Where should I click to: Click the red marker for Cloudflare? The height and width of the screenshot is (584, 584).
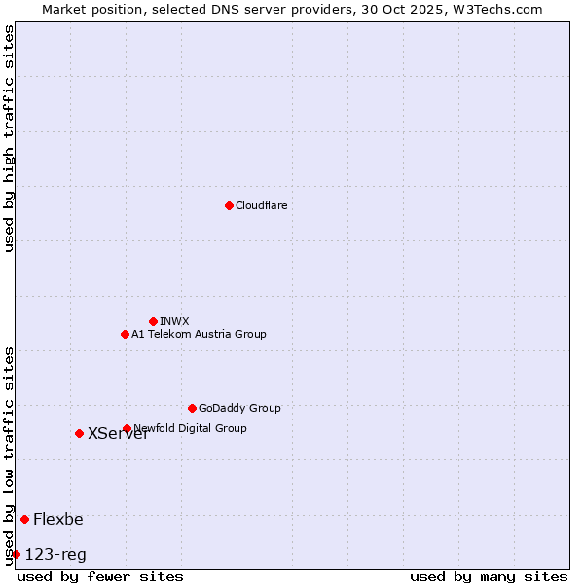pos(229,205)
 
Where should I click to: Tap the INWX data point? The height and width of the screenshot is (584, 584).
pos(153,321)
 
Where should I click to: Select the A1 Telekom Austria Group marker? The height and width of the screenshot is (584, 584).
pos(125,334)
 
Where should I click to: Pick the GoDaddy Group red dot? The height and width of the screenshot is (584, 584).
pos(192,408)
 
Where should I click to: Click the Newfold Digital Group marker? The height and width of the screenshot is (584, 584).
pos(127,428)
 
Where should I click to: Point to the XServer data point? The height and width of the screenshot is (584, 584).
pos(79,433)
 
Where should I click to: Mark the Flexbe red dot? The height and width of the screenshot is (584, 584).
pos(24,519)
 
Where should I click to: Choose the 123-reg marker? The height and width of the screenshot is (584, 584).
pos(16,554)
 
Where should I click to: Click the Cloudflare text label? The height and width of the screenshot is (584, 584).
pos(262,205)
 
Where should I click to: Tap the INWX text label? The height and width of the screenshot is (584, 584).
pos(174,321)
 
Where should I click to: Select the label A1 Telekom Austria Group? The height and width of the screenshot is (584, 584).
pos(199,334)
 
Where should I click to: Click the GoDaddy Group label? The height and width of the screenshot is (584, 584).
pos(239,408)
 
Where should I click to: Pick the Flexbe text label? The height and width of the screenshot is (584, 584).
pos(58,519)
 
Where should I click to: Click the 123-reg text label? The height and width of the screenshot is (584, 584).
pos(55,555)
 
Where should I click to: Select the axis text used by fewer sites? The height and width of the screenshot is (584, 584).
pos(100,576)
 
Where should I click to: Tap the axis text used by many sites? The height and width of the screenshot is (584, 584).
pos(489,576)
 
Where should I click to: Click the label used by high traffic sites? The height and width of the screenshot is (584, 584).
pos(10,138)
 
